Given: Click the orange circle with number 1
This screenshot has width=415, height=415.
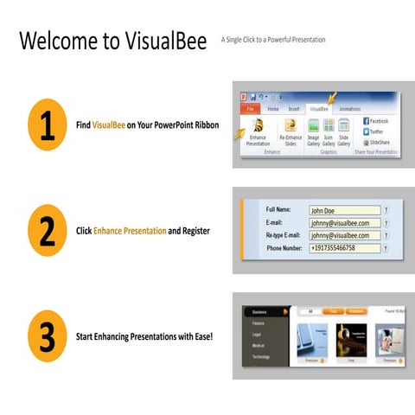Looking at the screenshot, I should click(47, 125).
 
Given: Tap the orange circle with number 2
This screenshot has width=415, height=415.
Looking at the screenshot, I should click(47, 232).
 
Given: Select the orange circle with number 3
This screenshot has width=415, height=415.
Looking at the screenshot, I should click(47, 335).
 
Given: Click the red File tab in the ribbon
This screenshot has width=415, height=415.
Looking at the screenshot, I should click(250, 109).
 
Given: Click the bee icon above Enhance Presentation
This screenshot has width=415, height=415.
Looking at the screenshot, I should click(258, 126).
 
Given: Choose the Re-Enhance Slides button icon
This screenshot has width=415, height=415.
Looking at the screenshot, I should click(290, 126).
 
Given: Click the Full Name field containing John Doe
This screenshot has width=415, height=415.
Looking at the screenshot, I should click(343, 209).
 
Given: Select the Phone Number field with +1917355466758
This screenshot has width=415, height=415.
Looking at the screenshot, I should click(343, 248).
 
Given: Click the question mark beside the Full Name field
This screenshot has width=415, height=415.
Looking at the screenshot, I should click(386, 209).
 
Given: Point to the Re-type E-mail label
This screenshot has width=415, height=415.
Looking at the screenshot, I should click(285, 235).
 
